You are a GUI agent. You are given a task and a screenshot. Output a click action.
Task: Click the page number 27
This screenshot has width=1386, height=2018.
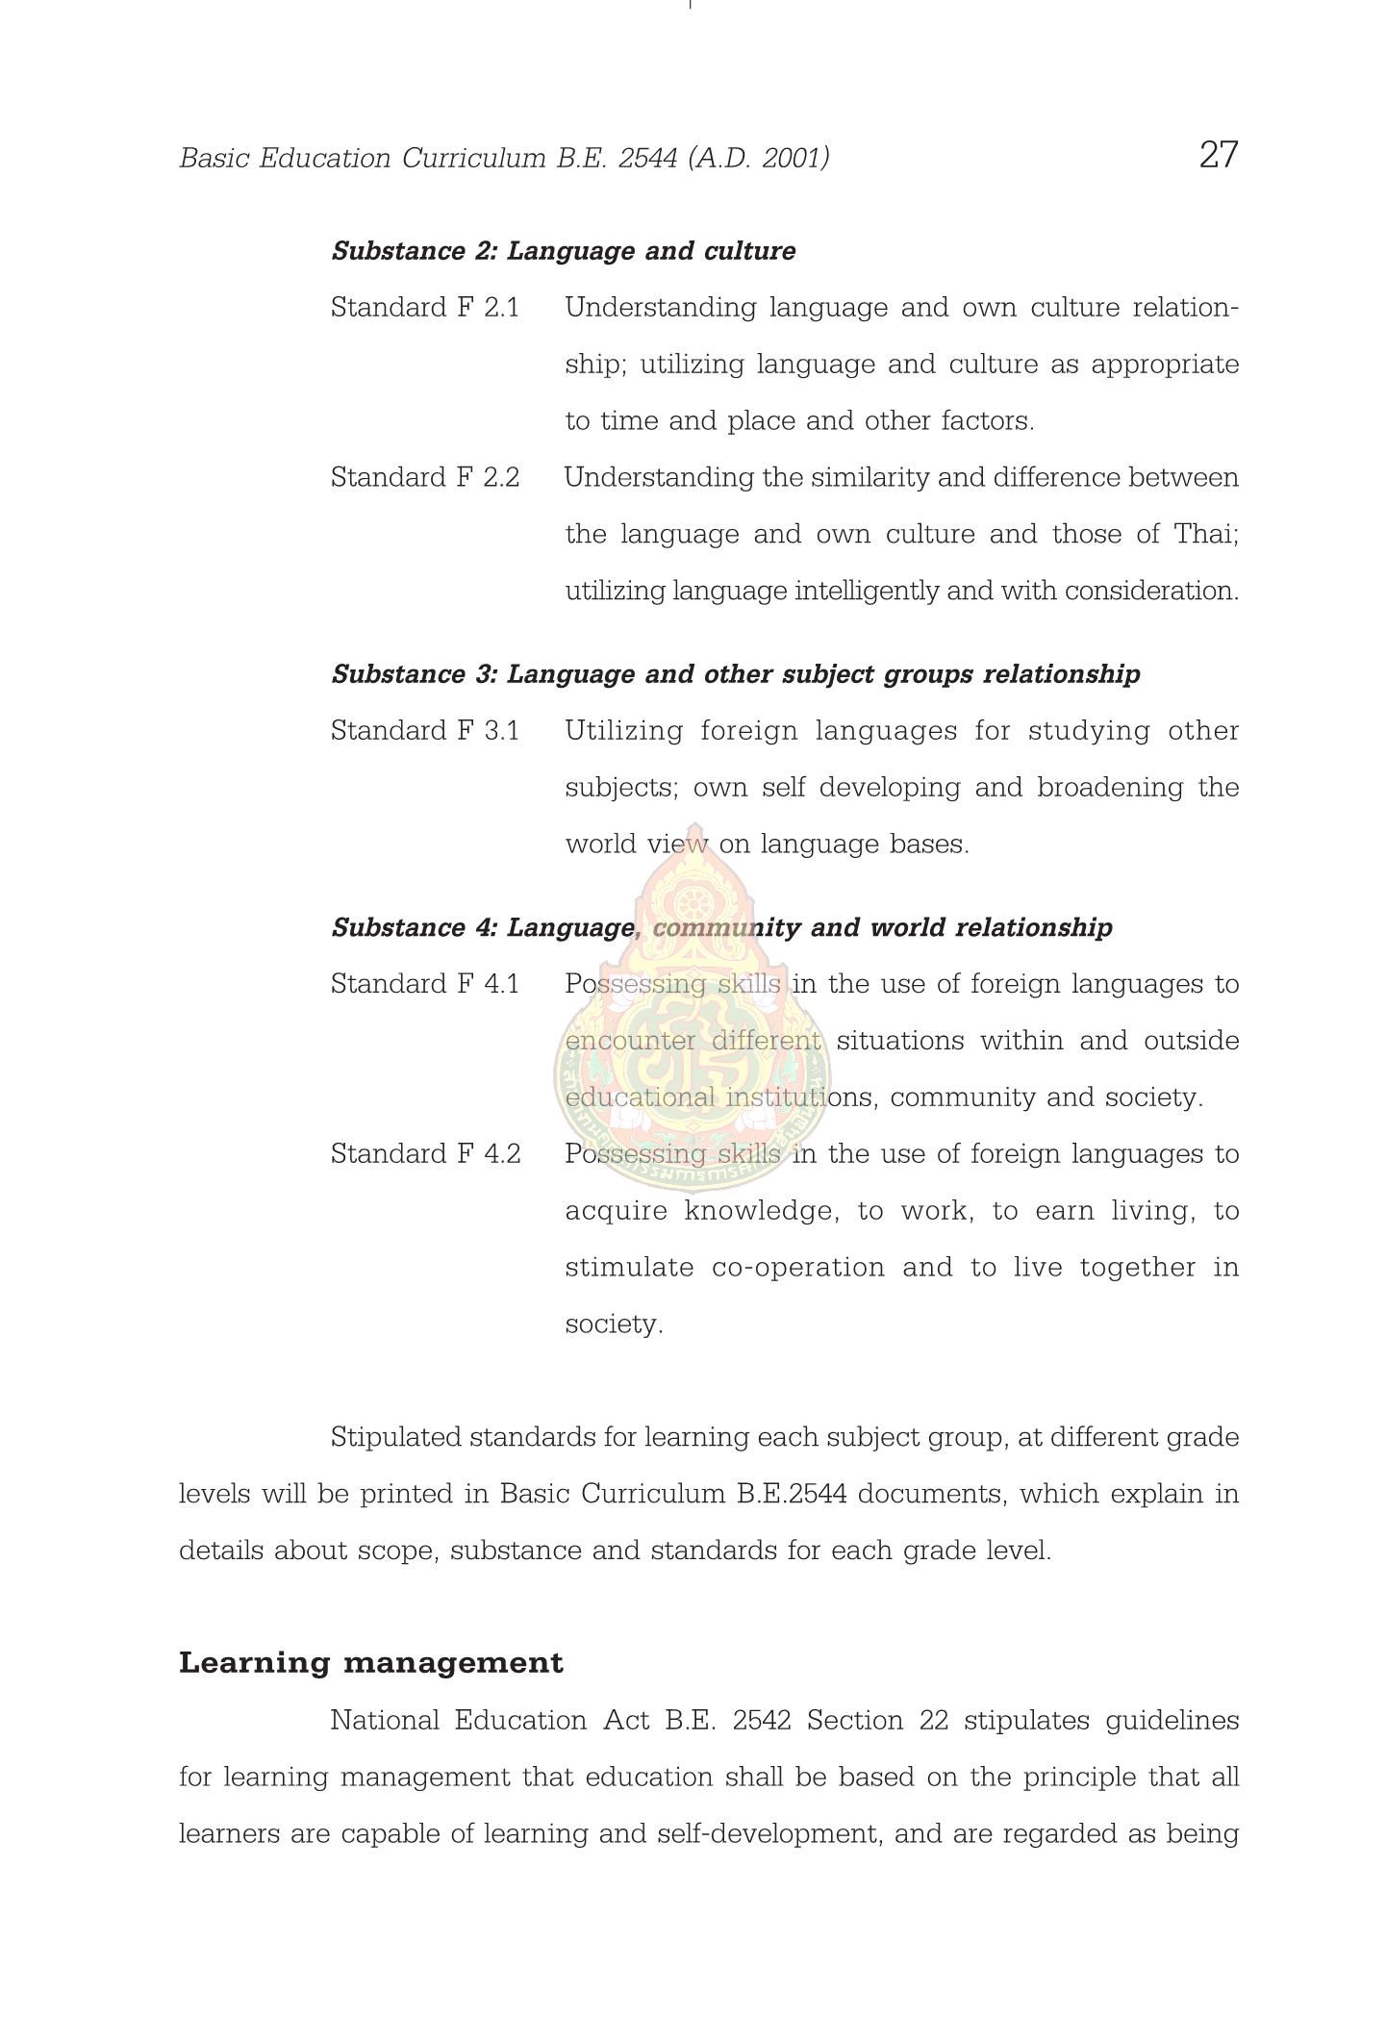1218,154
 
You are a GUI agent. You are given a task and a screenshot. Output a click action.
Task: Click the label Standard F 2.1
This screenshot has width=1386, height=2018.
424,308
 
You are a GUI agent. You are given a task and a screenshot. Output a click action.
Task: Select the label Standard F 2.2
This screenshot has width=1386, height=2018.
424,477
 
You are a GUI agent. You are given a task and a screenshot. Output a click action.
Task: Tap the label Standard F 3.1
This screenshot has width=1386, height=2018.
424,731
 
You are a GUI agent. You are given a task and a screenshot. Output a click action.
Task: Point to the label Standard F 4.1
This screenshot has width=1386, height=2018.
424,984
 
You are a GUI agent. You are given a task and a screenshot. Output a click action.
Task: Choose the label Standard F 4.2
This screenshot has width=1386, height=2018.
425,1153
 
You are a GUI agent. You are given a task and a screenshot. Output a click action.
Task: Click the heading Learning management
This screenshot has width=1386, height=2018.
370,1663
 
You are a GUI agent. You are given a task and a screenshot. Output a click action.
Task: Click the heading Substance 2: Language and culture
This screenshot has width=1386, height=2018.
563,251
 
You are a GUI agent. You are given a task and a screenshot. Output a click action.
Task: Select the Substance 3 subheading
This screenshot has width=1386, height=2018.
735,674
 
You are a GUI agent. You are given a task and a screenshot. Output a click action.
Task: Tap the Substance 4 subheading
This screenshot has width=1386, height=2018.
721,927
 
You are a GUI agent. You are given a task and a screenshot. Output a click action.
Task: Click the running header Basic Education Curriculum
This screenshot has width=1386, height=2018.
504,158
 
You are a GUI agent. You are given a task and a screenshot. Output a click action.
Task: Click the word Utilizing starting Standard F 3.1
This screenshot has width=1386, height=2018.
623,731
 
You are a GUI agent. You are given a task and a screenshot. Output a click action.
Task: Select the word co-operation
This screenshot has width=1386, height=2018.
797,1267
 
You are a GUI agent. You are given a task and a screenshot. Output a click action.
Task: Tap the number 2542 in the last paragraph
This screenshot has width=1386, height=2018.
761,1720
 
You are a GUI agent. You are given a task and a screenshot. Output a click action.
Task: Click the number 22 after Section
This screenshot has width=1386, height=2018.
933,1720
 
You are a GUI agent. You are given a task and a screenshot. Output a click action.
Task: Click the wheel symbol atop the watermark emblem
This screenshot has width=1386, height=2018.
690,903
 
